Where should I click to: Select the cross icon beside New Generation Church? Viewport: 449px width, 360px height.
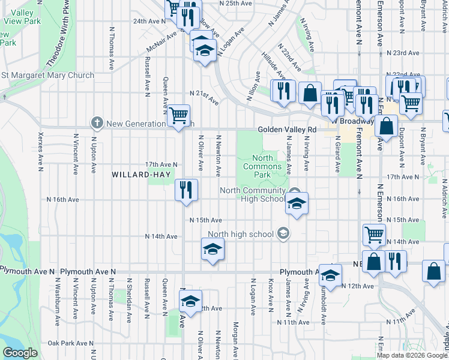pos(96,124)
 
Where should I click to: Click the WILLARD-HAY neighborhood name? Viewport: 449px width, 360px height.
pos(136,175)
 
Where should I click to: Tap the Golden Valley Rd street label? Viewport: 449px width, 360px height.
pos(287,130)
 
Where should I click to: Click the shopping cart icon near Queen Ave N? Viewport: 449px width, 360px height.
pos(179,115)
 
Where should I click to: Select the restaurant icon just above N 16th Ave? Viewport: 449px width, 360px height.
pos(187,190)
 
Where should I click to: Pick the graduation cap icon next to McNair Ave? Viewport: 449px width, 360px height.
pos(205,48)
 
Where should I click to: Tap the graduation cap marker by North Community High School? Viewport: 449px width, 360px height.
pos(297,204)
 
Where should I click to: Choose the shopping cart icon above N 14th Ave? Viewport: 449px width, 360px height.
pos(374,235)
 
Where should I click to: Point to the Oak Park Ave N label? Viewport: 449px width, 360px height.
pos(71,343)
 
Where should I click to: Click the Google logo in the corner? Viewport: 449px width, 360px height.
pos(20,353)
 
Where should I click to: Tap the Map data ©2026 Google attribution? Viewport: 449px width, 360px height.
pos(412,355)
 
